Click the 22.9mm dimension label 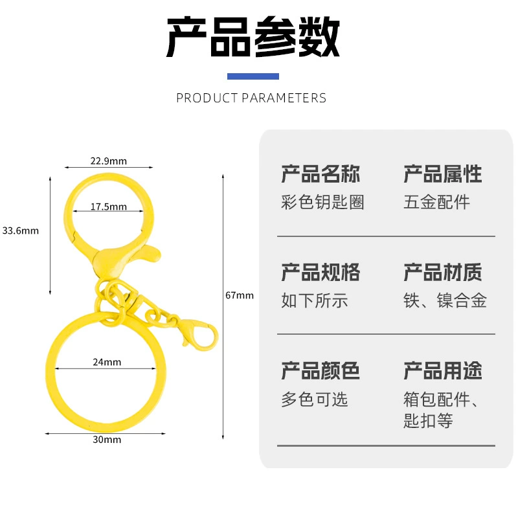coord(108,161)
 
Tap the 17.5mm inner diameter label coord(108,207)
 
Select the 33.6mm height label coord(21,231)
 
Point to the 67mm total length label coord(240,295)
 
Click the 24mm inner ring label coord(107,362)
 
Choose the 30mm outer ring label coord(107,440)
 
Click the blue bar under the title coord(253,76)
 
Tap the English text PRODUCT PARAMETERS coord(251,98)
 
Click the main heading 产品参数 coord(253,37)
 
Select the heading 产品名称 coord(321,174)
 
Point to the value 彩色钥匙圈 coord(322,202)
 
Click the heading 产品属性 coord(443,174)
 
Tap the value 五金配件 coord(436,202)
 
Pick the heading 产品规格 coord(321,272)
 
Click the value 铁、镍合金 coord(445,300)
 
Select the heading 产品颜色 coord(321,370)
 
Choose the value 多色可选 coord(315,399)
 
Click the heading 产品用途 coord(443,370)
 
